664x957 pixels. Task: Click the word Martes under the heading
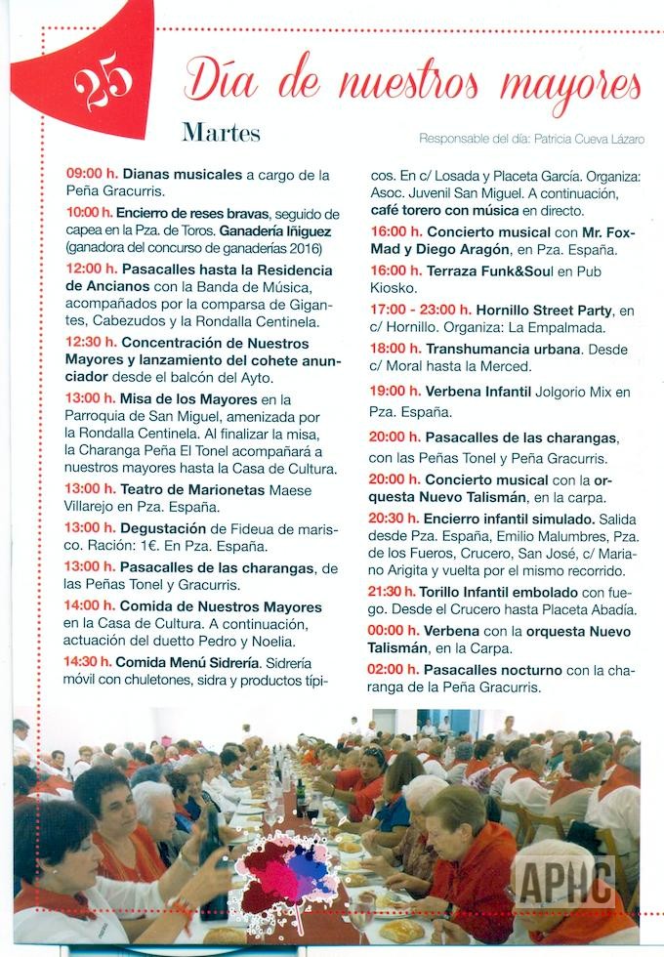(x=221, y=132)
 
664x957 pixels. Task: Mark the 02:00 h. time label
(x=394, y=670)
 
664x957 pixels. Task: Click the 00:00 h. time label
(x=394, y=631)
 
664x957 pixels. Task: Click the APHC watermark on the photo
(x=566, y=878)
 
